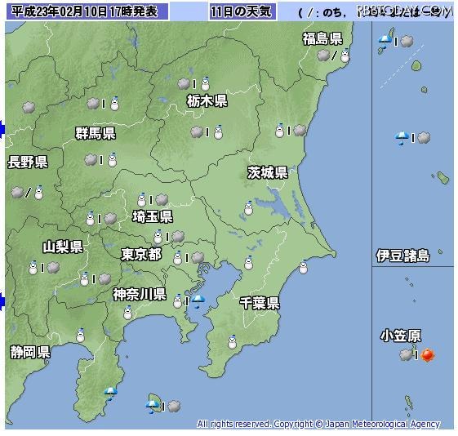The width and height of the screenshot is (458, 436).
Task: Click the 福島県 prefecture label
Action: click(322, 38)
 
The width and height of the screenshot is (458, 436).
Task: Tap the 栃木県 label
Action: click(207, 101)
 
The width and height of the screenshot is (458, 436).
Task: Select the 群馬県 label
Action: click(95, 133)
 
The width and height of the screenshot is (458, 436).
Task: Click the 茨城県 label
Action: click(267, 172)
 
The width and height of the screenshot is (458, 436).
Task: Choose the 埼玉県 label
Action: click(152, 216)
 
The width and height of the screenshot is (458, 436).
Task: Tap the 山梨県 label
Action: click(63, 247)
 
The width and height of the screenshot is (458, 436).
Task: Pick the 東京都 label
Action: click(141, 255)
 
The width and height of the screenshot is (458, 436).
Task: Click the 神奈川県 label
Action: click(139, 294)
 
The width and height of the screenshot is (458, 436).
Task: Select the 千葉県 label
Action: click(260, 303)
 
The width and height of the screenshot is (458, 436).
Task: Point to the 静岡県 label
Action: click(30, 352)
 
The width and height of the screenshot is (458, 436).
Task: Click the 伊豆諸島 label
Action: click(402, 256)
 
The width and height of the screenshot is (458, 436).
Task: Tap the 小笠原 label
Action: click(401, 336)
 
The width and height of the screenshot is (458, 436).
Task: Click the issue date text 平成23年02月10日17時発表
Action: click(85, 11)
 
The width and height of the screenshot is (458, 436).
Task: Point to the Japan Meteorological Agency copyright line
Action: click(318, 424)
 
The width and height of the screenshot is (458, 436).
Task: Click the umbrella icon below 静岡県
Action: click(110, 393)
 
